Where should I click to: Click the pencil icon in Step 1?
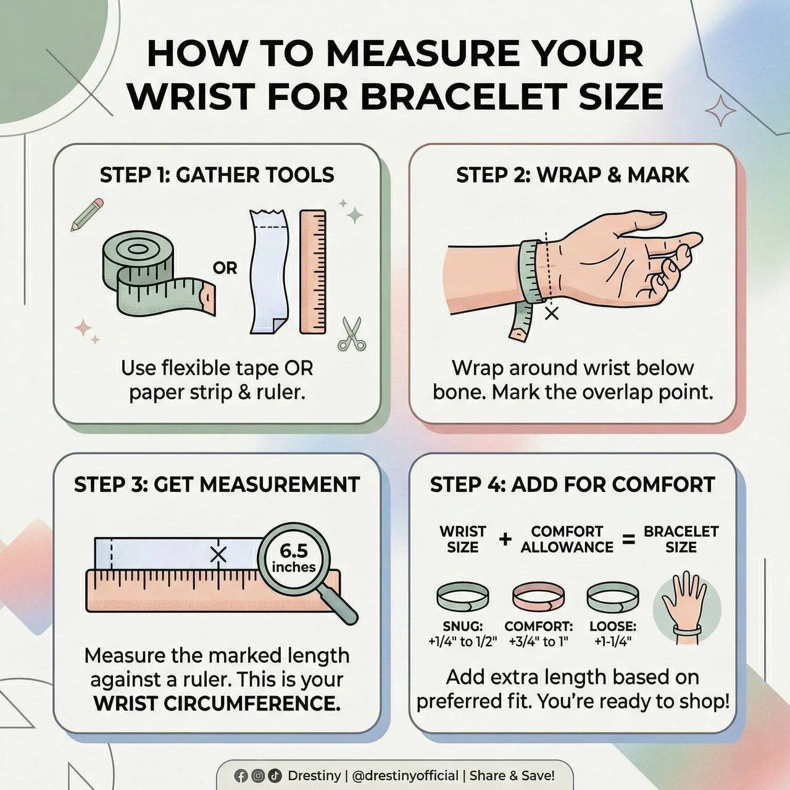pos(87,214)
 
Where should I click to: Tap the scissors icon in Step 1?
pos(352,334)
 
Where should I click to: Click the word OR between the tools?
pos(225,268)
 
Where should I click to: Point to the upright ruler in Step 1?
pos(313,272)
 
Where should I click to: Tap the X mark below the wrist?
pos(552,314)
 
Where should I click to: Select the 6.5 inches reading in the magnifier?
pos(294,559)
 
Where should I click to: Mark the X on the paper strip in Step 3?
pos(218,555)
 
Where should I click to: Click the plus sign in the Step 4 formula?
pos(505,539)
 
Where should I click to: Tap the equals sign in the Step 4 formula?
pos(629,540)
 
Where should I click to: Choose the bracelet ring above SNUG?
pos(462,597)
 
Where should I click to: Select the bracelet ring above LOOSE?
pos(612,597)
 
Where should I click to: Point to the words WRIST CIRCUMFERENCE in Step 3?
pos(217,704)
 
